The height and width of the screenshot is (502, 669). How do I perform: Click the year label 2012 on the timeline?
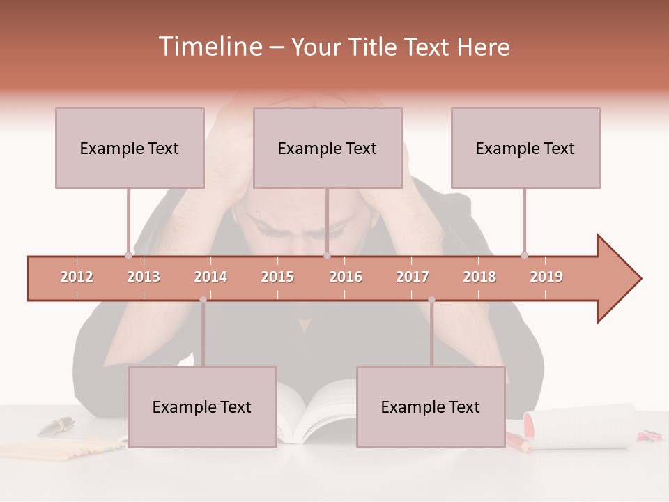pos(77,277)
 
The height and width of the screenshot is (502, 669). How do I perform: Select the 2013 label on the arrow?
pos(144,277)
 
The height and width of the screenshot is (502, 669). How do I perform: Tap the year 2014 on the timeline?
pos(210,277)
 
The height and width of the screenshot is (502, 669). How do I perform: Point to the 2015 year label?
pos(277,277)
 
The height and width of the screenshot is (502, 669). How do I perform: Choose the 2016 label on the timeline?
pos(346,277)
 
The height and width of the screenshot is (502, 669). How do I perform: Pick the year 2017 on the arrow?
pos(413,277)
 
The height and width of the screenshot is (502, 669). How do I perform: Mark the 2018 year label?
pos(479,277)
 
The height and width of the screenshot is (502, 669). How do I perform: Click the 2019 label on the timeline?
pos(546,277)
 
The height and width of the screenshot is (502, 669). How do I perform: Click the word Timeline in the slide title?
pos(209,47)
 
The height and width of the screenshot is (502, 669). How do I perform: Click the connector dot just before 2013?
pos(128,255)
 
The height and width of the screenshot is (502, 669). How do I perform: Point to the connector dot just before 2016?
pos(327,255)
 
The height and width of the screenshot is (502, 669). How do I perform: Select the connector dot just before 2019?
pos(524,255)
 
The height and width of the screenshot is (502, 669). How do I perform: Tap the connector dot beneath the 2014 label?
pos(203,300)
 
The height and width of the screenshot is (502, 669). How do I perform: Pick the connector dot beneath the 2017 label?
pos(431,300)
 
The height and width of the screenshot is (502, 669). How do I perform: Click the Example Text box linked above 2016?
pos(328,148)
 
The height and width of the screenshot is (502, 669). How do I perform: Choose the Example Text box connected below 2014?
pos(202,406)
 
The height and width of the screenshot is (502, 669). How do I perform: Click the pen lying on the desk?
pos(56,425)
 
